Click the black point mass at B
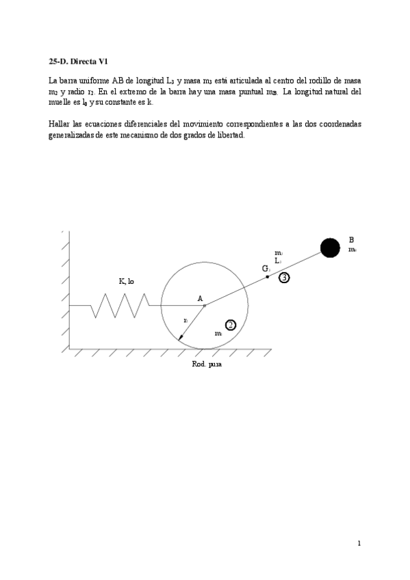point(331,248)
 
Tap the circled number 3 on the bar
point(285,277)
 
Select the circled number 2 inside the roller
point(231,325)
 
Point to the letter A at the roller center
point(200,298)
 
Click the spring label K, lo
point(126,281)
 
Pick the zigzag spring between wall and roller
point(120,305)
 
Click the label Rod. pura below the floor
point(207,365)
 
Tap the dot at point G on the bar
point(268,276)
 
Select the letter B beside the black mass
point(351,240)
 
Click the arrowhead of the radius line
point(181,337)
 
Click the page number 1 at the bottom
point(359,543)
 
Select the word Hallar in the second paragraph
point(60,124)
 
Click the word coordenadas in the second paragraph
point(336,124)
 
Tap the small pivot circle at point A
point(204,306)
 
